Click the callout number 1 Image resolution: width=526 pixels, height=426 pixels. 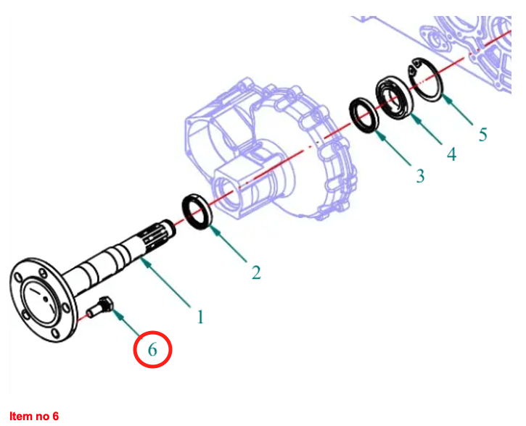click(x=200, y=317)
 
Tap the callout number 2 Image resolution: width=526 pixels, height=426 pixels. click(x=256, y=272)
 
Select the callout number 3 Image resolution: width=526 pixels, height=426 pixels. click(x=420, y=176)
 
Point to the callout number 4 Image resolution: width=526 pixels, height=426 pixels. click(x=452, y=154)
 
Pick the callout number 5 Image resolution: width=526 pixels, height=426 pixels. click(x=482, y=135)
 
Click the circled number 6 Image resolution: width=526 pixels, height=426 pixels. click(x=152, y=349)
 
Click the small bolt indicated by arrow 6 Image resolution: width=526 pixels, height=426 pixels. click(x=99, y=306)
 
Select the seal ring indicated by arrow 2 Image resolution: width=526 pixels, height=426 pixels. click(x=197, y=212)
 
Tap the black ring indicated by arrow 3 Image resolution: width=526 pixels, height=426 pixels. click(x=364, y=115)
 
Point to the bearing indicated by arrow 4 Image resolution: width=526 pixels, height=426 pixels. click(x=395, y=98)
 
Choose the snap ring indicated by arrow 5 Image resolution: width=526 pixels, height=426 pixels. click(x=425, y=80)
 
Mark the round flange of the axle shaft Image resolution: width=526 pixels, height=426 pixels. click(x=43, y=300)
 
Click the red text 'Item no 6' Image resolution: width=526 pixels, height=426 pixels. click(x=34, y=417)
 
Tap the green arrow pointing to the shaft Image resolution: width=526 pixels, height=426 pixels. click(x=165, y=283)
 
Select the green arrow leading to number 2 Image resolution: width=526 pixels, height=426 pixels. click(x=228, y=243)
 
